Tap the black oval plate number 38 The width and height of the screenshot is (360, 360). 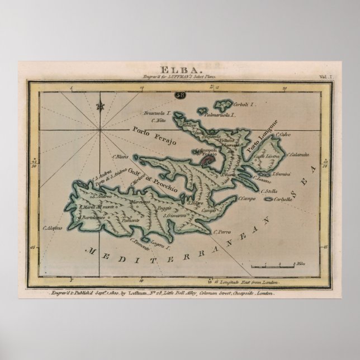coord(181,95)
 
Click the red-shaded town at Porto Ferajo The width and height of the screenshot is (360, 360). coord(208,161)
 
